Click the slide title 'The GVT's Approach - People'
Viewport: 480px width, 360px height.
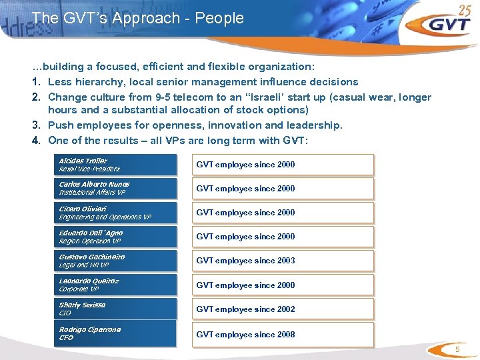pyautogui.click(x=137, y=18)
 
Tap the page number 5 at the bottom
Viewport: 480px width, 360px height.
pyautogui.click(x=457, y=350)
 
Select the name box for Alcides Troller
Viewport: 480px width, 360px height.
pyautogui.click(x=117, y=165)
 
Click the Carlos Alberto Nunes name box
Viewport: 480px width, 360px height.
pyautogui.click(x=117, y=188)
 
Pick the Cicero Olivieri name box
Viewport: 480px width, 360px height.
pyautogui.click(x=117, y=213)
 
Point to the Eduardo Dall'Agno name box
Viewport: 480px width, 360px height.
pyautogui.click(x=117, y=237)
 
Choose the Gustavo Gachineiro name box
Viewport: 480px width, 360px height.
pyautogui.click(x=117, y=261)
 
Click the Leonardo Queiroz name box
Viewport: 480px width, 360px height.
pyautogui.click(x=117, y=285)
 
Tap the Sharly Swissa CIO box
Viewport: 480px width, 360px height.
pyautogui.click(x=117, y=309)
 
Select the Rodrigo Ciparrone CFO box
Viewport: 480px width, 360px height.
pyautogui.click(x=117, y=333)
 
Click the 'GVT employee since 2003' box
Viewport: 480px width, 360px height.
pyautogui.click(x=283, y=261)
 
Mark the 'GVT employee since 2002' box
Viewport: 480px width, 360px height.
pyautogui.click(x=283, y=309)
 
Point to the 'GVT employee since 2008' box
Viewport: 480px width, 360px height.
pyautogui.click(x=283, y=334)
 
